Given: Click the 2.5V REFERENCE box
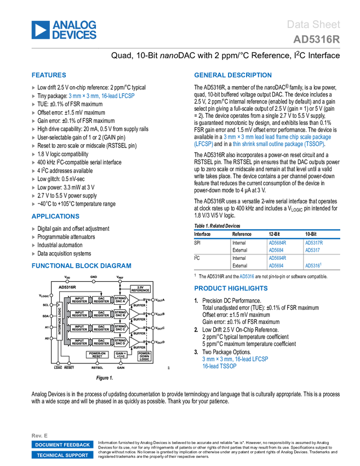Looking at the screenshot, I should [140, 289].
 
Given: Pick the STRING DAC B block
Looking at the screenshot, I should [120, 314].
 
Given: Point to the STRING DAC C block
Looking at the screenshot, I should [120, 328].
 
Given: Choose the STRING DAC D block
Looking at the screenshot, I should [120, 342].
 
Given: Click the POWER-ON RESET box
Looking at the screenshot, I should [97, 355].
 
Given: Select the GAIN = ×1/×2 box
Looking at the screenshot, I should [121, 355].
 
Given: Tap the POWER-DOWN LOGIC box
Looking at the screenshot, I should [145, 355].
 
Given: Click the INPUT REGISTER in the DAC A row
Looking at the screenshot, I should [79, 300].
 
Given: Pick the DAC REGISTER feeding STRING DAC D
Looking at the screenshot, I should [101, 342].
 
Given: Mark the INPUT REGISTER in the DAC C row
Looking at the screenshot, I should [79, 328].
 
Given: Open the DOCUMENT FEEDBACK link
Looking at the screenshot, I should [62, 445].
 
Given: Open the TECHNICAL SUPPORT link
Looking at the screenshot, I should [62, 455].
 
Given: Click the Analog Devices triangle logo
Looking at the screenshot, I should [40, 30].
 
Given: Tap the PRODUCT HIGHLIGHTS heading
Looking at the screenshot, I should [231, 288].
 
